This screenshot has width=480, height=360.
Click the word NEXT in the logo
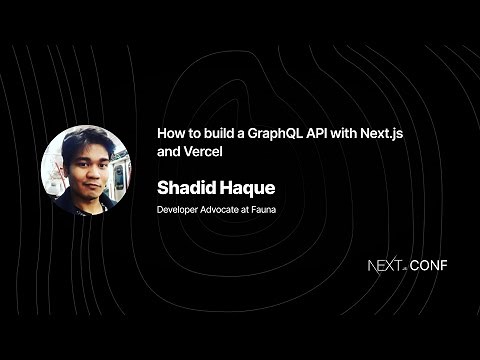tap(385, 267)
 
